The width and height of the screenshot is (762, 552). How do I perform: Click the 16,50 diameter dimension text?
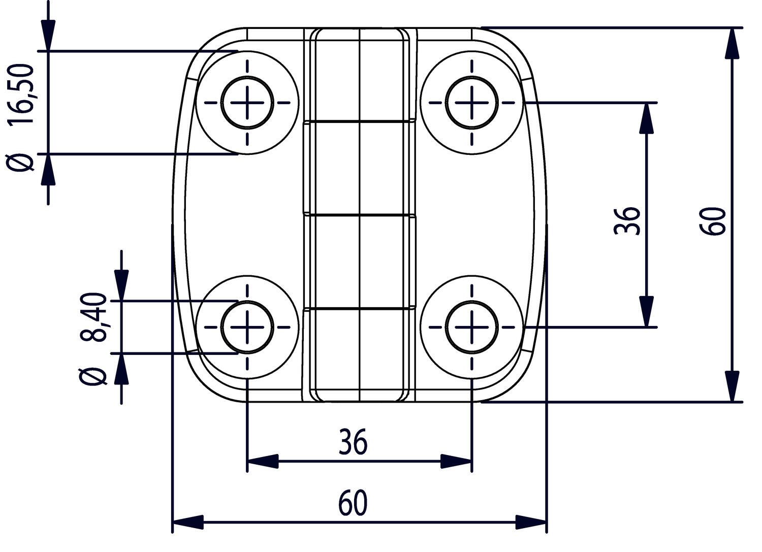[21, 94]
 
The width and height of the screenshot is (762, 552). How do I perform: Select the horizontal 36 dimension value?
[353, 442]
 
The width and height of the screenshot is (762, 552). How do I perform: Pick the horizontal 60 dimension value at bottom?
[353, 503]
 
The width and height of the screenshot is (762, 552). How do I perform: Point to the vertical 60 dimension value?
[713, 220]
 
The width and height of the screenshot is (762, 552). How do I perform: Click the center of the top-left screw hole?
[247, 103]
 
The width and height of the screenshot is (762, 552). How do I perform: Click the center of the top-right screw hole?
[472, 103]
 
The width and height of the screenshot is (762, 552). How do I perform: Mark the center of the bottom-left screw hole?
[247, 327]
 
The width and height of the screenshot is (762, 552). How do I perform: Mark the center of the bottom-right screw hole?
[472, 327]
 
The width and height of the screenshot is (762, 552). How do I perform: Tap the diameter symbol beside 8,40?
[94, 376]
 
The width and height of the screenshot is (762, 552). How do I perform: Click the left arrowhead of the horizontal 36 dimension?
[262, 461]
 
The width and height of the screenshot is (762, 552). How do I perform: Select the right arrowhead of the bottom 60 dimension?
[531, 522]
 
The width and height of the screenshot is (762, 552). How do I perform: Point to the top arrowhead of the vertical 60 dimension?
[732, 43]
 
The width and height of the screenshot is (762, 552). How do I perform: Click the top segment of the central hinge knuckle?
[360, 75]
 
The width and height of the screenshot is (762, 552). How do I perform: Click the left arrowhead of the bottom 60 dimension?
[188, 522]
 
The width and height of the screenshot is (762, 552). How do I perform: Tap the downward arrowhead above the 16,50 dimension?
[48, 36]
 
